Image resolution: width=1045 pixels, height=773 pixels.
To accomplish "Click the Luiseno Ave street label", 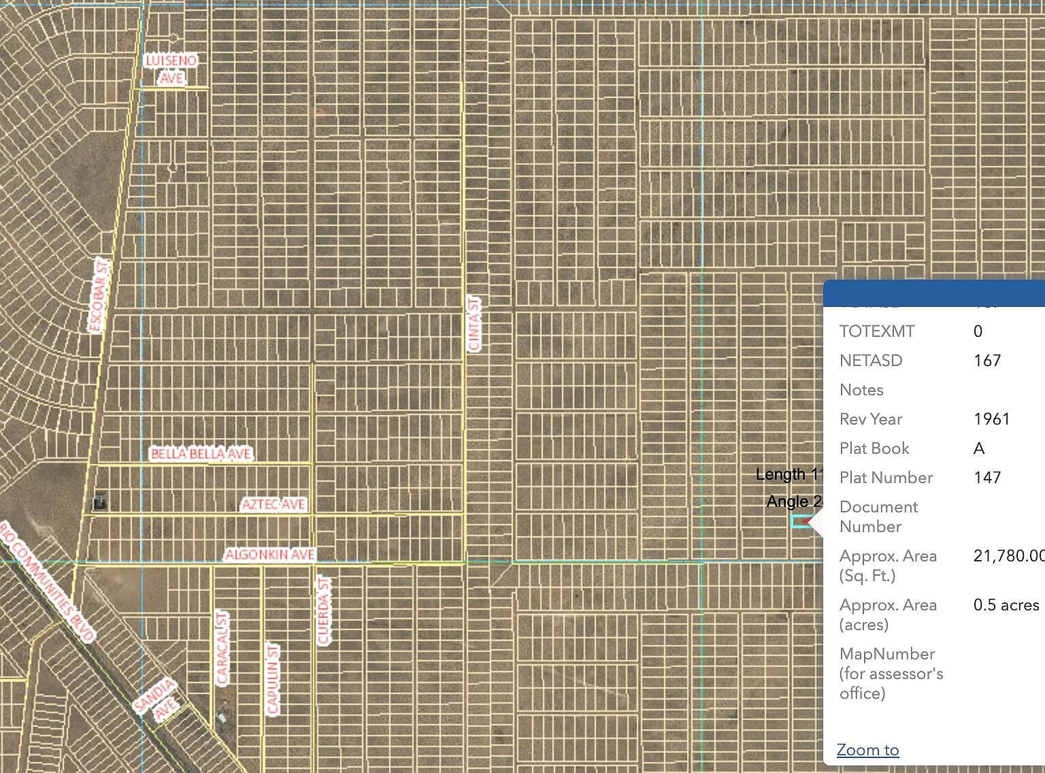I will pos(171,69).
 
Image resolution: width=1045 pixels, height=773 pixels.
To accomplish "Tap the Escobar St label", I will pos(99,295).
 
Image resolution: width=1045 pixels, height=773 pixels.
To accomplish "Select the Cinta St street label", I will pos(474,324).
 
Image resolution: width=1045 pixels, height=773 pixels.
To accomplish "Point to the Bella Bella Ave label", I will pos(201,453).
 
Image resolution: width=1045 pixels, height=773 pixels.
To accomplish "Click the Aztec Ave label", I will pos(273,504).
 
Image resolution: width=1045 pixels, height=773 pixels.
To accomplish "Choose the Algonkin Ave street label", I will pos(270,555).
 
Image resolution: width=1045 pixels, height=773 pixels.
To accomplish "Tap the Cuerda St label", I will pos(324,611).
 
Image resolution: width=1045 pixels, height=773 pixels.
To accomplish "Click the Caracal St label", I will pos(222,647).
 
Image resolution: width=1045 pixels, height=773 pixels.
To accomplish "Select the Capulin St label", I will pos(273,679).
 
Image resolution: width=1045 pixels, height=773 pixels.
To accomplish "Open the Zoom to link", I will pos(867,750).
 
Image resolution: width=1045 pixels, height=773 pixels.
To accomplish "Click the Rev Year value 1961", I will pos(991,418).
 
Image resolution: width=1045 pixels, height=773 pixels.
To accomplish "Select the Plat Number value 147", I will pos(986,477).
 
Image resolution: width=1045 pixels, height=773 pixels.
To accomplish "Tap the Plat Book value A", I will pos(979,448).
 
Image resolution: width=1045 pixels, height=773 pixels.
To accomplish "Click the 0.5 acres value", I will pos(1006,605).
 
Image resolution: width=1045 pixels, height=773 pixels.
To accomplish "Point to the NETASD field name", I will pos(870,360).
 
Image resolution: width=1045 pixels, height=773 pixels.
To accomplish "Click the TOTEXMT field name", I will pos(876,331).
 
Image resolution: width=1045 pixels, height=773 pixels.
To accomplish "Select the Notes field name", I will pos(861,389).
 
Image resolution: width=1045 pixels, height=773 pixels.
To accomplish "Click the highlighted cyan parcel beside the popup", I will pos(800,521).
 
